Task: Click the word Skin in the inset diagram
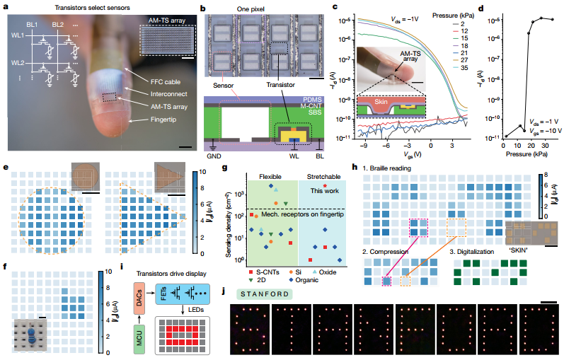tap(376, 104)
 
